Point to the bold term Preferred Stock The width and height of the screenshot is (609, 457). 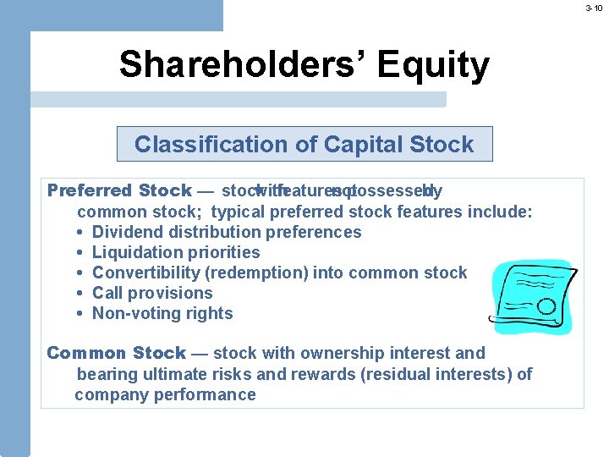(x=119, y=190)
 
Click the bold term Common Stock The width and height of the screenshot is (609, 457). (x=116, y=353)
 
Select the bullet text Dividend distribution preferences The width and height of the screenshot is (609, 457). (x=226, y=232)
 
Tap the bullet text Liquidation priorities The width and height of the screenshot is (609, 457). (x=176, y=252)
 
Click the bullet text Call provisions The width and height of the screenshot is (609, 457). (x=152, y=293)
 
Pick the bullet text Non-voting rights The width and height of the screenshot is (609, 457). (x=162, y=313)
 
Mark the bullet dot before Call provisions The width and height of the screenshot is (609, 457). (x=78, y=294)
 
